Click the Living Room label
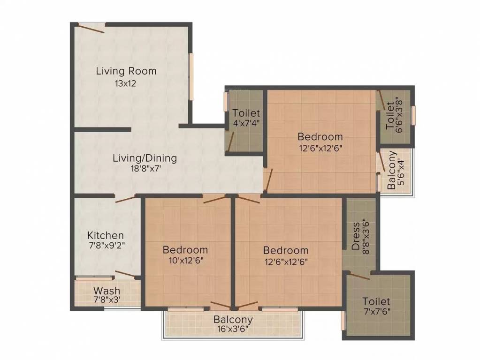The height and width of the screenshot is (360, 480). coord(126,71)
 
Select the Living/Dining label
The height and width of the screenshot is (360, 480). coord(145,158)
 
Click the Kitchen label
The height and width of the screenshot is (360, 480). coord(106,235)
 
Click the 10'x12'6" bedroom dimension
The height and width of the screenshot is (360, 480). coord(185,261)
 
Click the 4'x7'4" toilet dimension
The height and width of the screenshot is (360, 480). coord(247,124)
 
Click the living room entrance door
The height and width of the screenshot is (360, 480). coord(91,28)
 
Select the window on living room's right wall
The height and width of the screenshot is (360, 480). coord(191,76)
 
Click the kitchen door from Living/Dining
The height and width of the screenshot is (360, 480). coord(125,198)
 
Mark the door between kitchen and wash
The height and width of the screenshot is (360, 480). coord(125,275)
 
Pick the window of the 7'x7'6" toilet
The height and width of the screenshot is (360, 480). coord(343,321)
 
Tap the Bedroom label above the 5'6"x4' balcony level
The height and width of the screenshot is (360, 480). coord(320,137)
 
